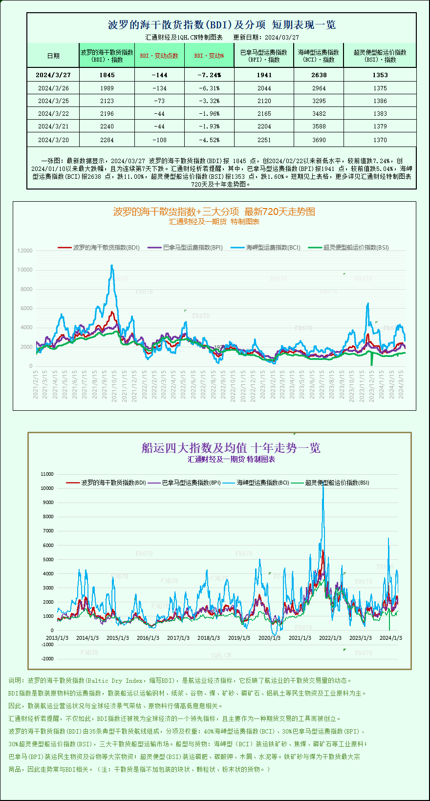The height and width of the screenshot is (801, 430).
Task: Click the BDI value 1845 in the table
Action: pyautogui.click(x=107, y=75)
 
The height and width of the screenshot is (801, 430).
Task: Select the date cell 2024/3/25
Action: pyautogui.click(x=53, y=101)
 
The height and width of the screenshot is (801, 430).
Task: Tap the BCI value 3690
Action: pyautogui.click(x=319, y=140)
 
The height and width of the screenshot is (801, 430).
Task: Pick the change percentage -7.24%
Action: pyautogui.click(x=209, y=75)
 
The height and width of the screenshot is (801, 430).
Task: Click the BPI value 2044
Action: pyautogui.click(x=264, y=88)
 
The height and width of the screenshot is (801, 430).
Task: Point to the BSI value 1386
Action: pyautogui.click(x=380, y=101)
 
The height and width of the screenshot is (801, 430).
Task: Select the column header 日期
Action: pyautogui.click(x=53, y=56)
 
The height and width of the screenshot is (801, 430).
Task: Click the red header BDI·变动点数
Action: pyautogui.click(x=159, y=56)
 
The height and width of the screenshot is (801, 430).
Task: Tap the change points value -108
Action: pyautogui.click(x=159, y=140)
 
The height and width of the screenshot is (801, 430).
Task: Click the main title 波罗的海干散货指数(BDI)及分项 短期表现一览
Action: pyautogui.click(x=221, y=25)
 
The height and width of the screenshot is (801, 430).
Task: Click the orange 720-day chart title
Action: pyautogui.click(x=214, y=211)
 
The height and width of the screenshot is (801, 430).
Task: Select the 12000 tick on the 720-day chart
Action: pyautogui.click(x=25, y=251)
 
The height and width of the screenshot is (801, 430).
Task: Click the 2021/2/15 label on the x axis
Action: pyautogui.click(x=36, y=384)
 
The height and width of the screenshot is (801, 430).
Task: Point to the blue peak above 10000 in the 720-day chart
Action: pyautogui.click(x=112, y=266)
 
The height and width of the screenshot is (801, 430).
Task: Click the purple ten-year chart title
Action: pyautogui.click(x=231, y=448)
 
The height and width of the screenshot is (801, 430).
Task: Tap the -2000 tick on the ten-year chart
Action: pyautogui.click(x=47, y=659)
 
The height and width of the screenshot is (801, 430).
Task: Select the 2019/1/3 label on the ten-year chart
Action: pyautogui.click(x=239, y=638)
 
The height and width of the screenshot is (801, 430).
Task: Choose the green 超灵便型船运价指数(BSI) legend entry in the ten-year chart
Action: pyautogui.click(x=337, y=483)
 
